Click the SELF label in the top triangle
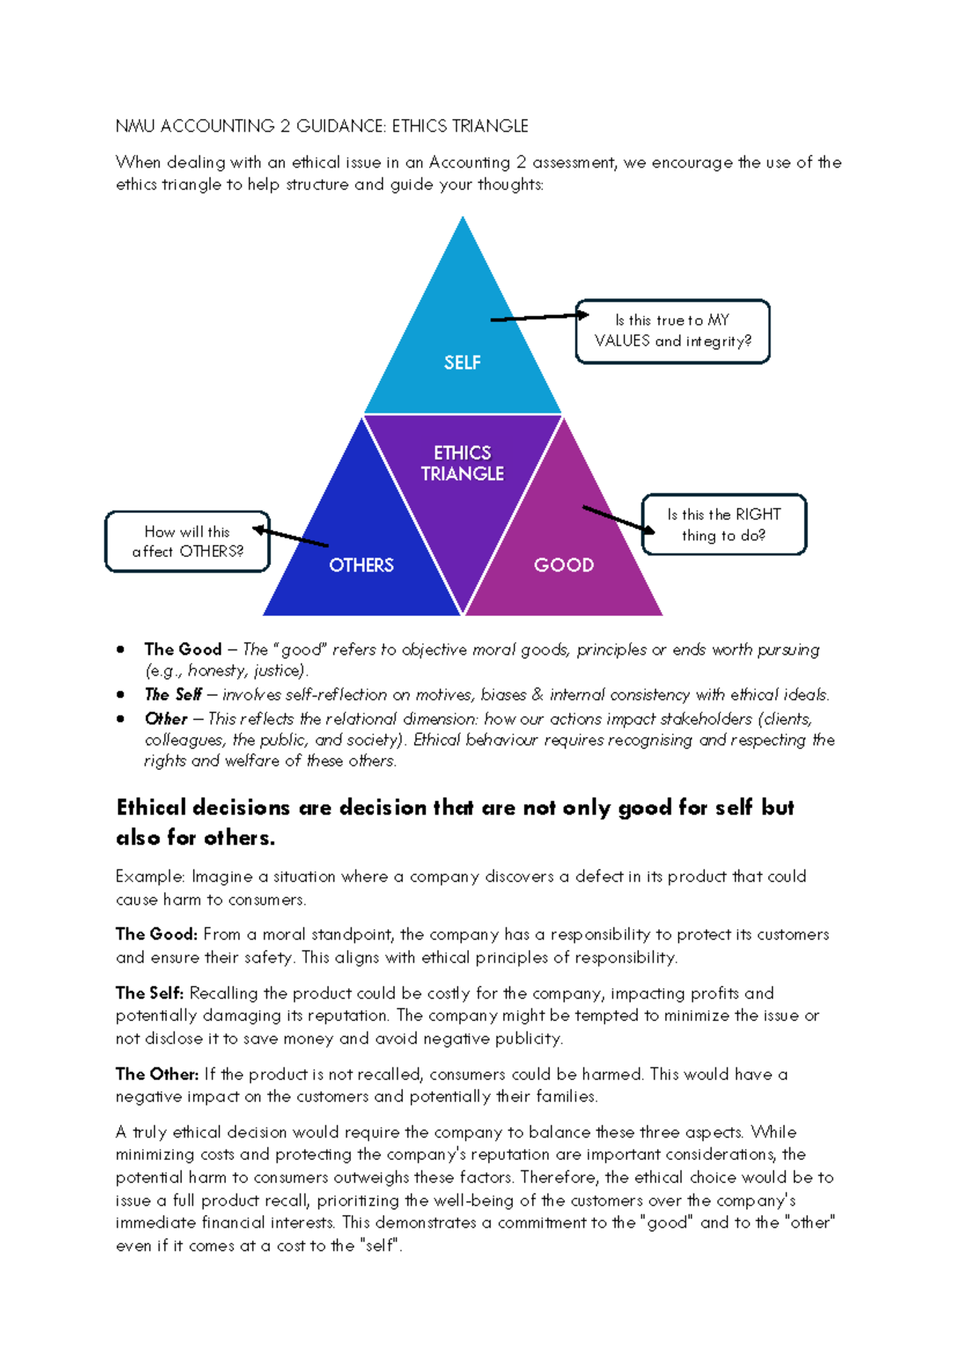click(463, 363)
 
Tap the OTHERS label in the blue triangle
click(361, 565)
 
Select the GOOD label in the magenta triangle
click(564, 565)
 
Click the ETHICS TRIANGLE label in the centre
click(463, 463)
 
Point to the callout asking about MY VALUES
click(672, 331)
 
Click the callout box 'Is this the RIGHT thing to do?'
click(724, 524)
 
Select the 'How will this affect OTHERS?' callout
click(187, 542)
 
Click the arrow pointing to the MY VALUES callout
click(539, 318)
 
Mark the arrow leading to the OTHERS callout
click(291, 537)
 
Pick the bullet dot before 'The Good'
click(120, 649)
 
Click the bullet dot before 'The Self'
click(120, 695)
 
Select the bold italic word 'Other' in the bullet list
click(166, 719)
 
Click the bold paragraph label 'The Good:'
click(156, 934)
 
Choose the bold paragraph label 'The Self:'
click(150, 993)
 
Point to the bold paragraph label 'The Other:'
click(157, 1074)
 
